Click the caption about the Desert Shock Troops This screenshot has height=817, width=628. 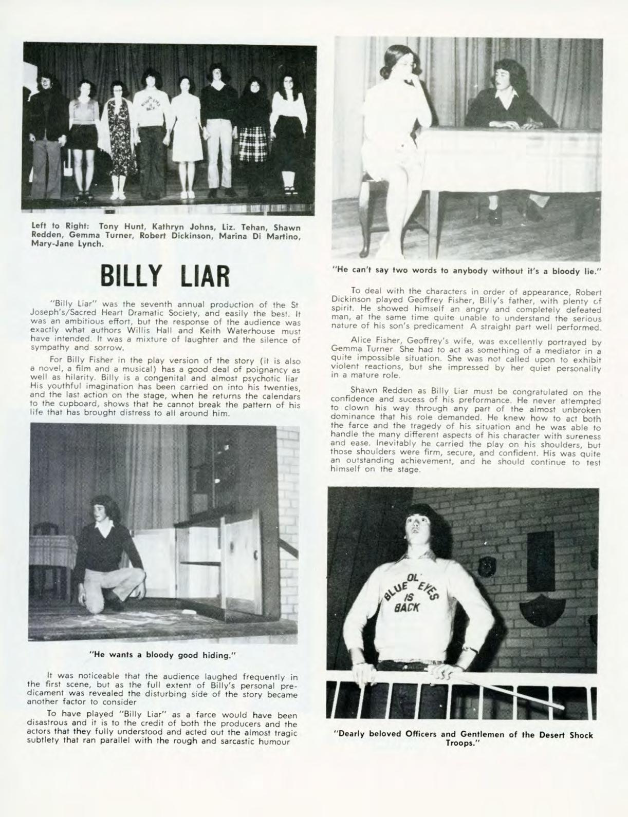[463, 739]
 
